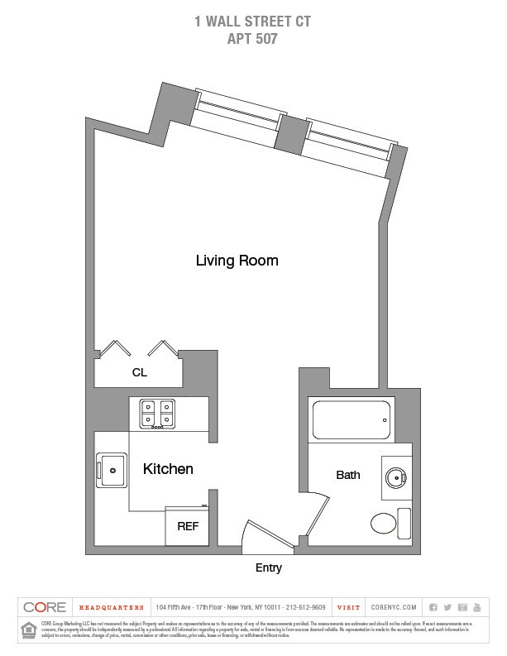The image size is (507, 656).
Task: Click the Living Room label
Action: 237,261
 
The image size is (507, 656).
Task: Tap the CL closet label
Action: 139,373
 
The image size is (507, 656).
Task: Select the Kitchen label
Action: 168,469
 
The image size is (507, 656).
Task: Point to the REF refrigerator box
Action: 188,526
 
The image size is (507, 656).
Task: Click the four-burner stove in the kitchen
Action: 157,413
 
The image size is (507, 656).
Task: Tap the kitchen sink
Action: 111,470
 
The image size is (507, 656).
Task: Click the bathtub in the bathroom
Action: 350,420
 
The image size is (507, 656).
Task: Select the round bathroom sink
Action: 395,477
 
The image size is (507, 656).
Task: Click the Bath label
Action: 348,476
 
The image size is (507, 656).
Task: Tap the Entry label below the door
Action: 269,567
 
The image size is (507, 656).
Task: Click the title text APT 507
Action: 253,37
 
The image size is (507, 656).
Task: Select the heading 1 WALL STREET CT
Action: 253,22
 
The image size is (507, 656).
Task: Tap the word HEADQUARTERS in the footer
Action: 111,607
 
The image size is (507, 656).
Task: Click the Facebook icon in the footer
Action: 433,607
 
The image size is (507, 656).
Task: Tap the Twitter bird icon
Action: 447,607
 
